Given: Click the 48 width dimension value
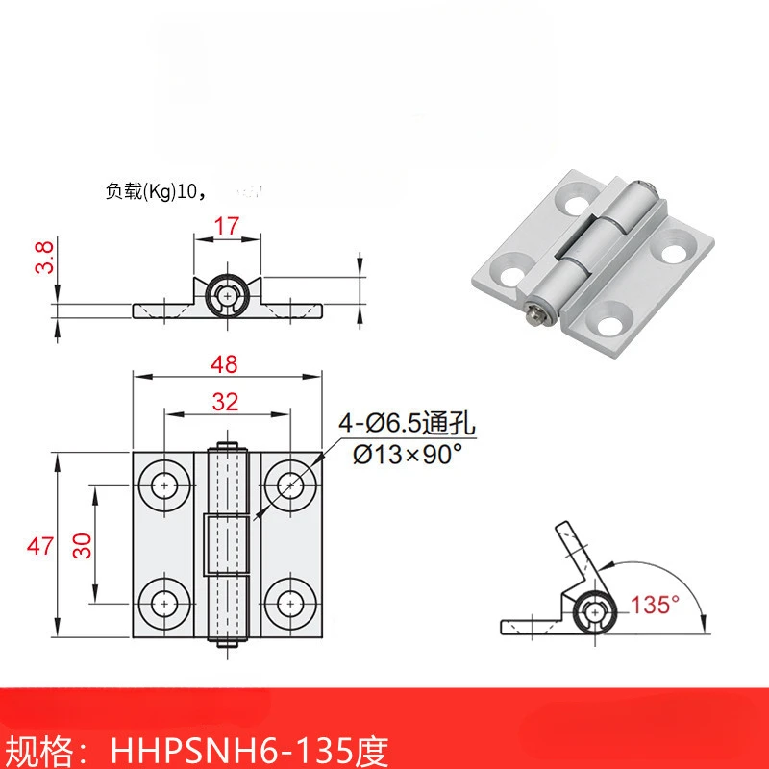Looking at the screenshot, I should [226, 364].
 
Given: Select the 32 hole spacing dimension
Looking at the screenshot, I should [226, 403].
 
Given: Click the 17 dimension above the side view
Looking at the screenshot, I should [227, 226].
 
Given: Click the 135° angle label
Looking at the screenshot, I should [656, 605].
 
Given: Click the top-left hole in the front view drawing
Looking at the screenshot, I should [165, 486].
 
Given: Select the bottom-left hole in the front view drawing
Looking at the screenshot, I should [165, 604].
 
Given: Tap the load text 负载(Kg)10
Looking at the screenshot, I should [155, 190].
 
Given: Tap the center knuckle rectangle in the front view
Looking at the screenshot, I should [227, 545].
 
